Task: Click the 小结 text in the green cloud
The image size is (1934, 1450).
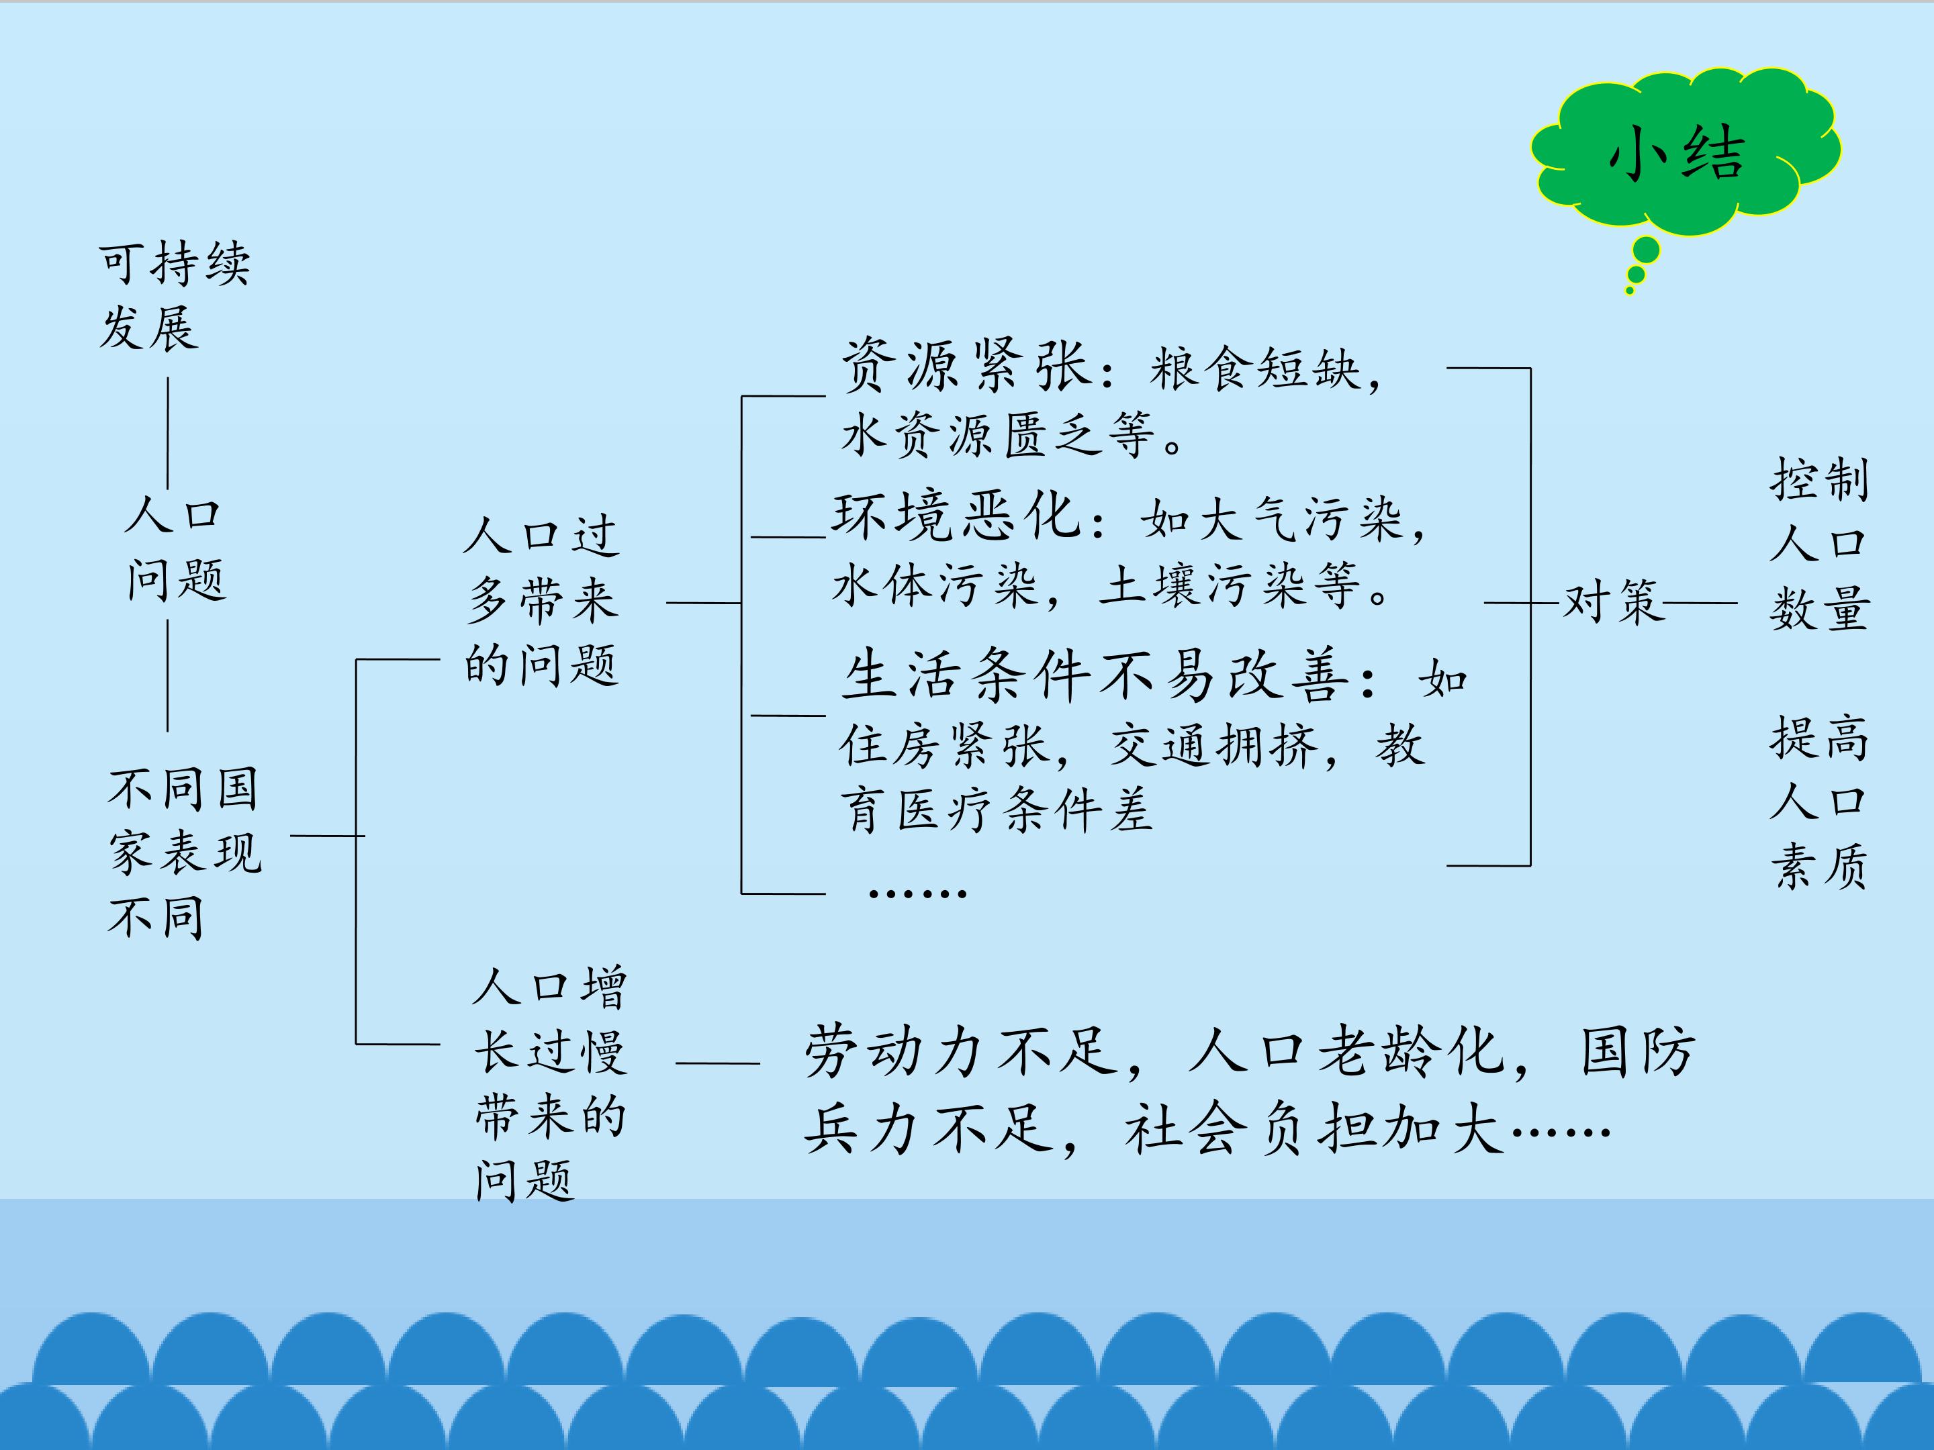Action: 1676,154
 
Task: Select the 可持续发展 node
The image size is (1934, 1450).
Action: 174,295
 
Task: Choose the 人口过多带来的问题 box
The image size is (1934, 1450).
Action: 541,601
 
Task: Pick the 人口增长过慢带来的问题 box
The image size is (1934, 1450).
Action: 550,1083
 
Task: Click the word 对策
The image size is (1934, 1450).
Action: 1614,602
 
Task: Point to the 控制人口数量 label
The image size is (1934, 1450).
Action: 1819,544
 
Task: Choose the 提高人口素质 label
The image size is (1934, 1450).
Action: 1819,802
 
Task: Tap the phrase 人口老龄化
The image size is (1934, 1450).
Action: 1346,1051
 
